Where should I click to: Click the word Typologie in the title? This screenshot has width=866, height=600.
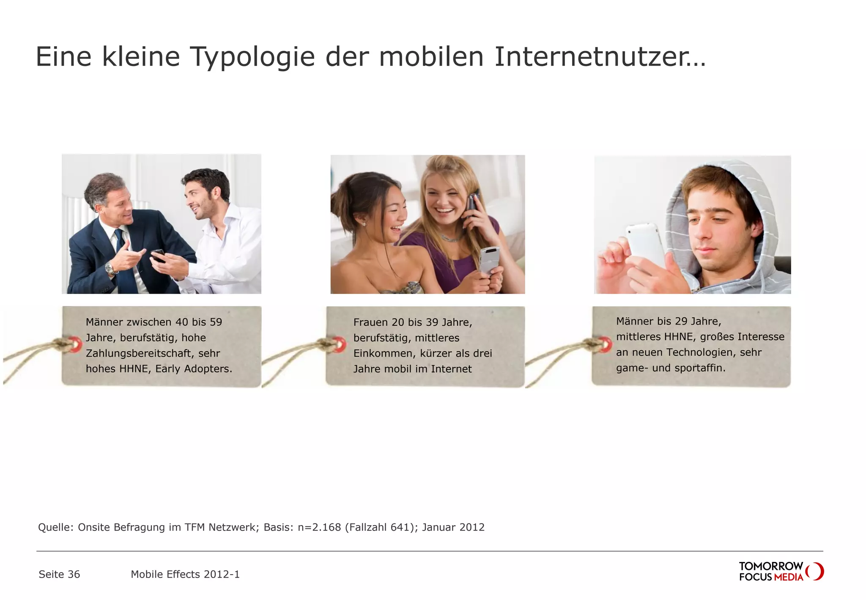coord(252,57)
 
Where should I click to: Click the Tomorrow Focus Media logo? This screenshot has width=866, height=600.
coord(781,572)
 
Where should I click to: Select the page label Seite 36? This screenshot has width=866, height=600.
coord(59,574)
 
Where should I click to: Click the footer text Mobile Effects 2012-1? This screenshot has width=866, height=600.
coord(185,574)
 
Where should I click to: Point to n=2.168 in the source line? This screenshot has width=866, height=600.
coord(319,527)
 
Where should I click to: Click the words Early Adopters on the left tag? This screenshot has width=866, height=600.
coord(193,369)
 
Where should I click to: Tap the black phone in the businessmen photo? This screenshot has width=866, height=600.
coord(158,255)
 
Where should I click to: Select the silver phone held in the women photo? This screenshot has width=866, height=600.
coord(489,259)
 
